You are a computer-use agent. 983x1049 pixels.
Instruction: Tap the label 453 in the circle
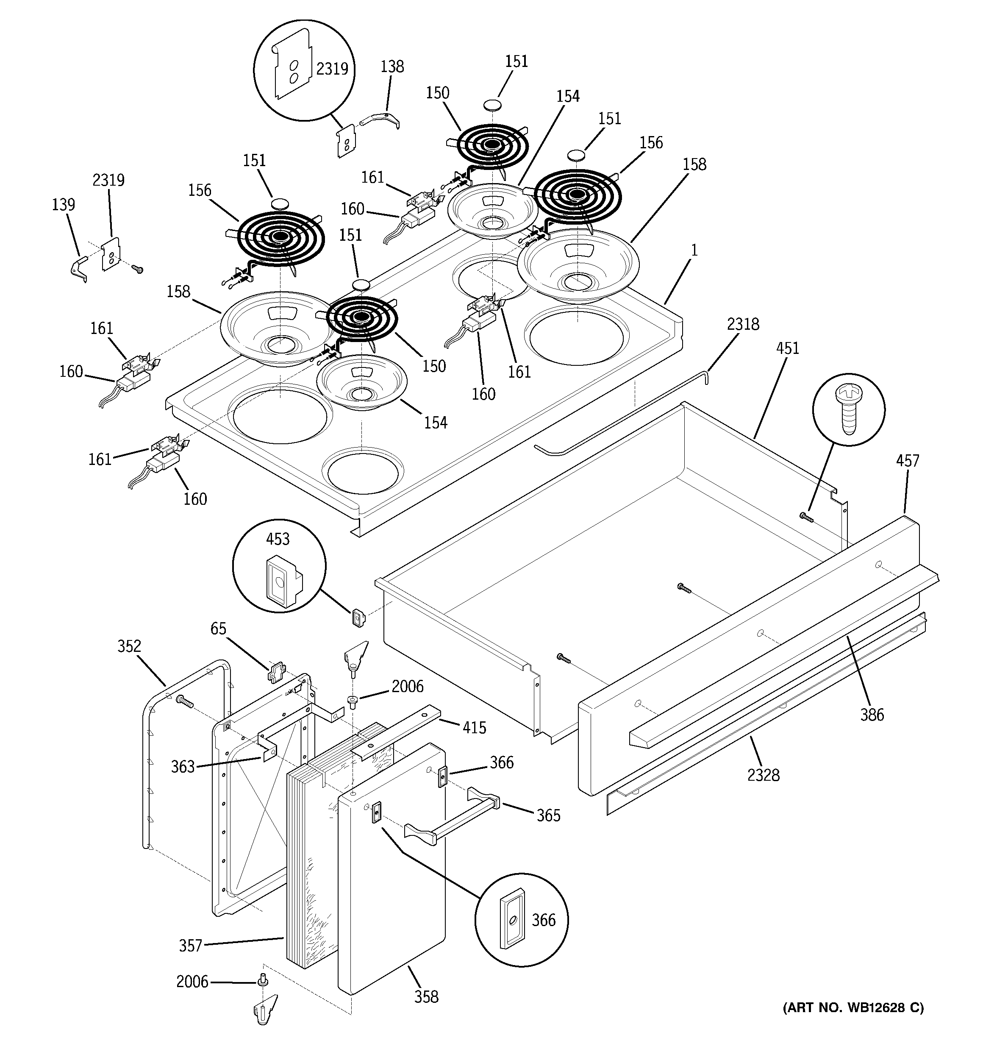pos(278,539)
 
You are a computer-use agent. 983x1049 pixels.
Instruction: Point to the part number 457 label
pos(907,461)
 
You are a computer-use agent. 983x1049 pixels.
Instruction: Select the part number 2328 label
pos(763,775)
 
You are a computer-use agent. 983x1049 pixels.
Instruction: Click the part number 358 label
pos(426,997)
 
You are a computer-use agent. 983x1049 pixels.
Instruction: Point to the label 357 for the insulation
pos(191,945)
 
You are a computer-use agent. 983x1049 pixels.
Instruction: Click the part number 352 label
pos(129,646)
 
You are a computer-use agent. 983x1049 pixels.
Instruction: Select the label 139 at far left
pos(63,204)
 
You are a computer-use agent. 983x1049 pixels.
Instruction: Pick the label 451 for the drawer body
pos(788,348)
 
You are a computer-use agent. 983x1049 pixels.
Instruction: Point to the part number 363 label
pos(183,766)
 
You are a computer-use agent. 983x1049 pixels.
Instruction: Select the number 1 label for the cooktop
pos(694,250)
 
